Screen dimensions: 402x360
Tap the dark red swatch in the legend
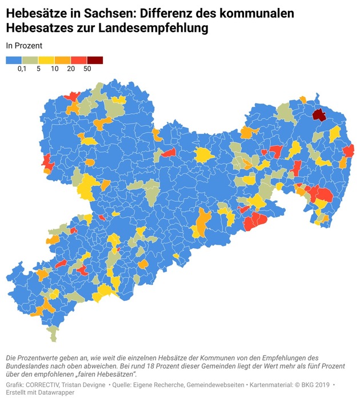[x=95, y=60]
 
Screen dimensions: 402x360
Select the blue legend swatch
[x=14, y=60]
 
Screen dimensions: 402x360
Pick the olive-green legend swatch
[x=30, y=60]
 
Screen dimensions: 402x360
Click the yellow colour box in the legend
[x=46, y=60]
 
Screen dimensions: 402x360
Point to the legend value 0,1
[x=22, y=69]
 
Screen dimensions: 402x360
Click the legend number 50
[x=87, y=69]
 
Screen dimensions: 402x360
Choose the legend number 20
[x=70, y=69]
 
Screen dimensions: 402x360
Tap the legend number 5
[x=38, y=69]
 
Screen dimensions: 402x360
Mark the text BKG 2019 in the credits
[x=313, y=385]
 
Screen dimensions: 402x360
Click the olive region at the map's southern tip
[x=53, y=333]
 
